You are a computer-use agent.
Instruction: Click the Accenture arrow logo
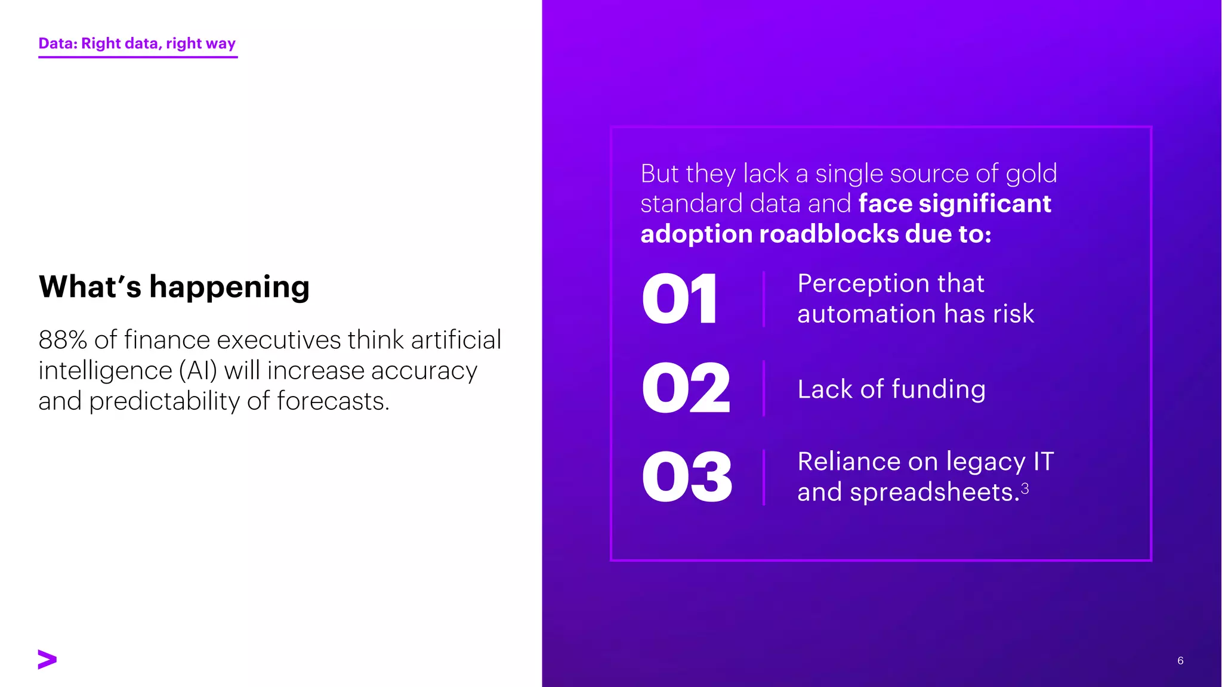pyautogui.click(x=47, y=659)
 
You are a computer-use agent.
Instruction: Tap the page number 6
pyautogui.click(x=1180, y=660)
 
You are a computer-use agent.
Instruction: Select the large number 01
pyautogui.click(x=680, y=299)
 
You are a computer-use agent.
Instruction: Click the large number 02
pyautogui.click(x=686, y=388)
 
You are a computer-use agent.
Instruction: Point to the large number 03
pyautogui.click(x=687, y=477)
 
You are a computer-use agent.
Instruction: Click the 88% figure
pyautogui.click(x=63, y=340)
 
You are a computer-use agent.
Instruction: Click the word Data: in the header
pyautogui.click(x=58, y=44)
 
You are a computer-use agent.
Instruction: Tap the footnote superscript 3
pyautogui.click(x=1024, y=489)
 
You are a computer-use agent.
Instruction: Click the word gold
pyautogui.click(x=1031, y=174)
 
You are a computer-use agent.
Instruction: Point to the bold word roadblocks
pyautogui.click(x=829, y=234)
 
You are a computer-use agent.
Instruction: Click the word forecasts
pyautogui.click(x=332, y=401)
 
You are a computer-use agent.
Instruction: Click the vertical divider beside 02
pyautogui.click(x=764, y=388)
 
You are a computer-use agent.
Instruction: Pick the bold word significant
pyautogui.click(x=985, y=204)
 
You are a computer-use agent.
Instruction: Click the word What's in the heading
pyautogui.click(x=90, y=287)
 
